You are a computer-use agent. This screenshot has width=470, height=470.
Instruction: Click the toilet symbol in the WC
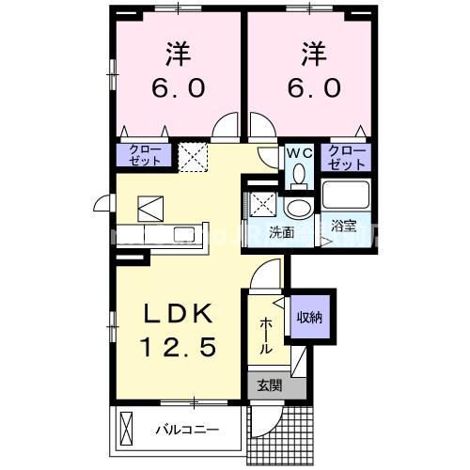(299, 175)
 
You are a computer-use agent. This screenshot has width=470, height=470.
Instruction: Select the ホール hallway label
(266, 335)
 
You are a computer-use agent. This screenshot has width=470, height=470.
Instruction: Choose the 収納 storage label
(311, 318)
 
